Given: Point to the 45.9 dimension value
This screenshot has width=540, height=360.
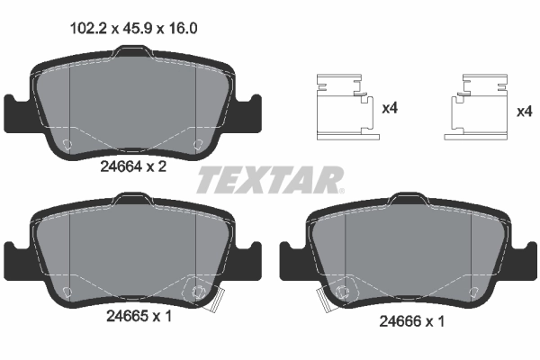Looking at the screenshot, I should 136,28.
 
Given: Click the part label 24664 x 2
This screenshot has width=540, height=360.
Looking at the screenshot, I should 135,165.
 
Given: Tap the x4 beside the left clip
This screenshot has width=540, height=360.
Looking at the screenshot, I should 391,110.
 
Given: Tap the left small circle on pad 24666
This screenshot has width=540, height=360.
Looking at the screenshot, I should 345,291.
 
